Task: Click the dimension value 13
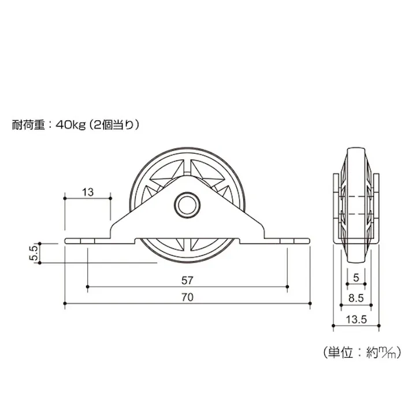(x=88, y=192)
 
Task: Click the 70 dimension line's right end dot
(x=310, y=303)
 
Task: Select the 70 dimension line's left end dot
(x=64, y=303)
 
